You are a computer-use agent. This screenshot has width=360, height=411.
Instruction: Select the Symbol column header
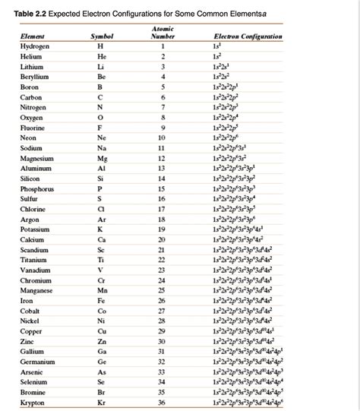pyautogui.click(x=101, y=36)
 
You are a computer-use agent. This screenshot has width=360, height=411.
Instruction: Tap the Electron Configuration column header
pyautogui.click(x=248, y=36)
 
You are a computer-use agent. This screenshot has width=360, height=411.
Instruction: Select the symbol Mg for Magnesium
pyautogui.click(x=102, y=158)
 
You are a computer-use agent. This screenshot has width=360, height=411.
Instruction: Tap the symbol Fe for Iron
pyautogui.click(x=102, y=301)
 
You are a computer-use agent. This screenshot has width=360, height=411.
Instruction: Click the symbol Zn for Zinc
pyautogui.click(x=102, y=342)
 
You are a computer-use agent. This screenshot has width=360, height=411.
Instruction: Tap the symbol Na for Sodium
pyautogui.click(x=102, y=148)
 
